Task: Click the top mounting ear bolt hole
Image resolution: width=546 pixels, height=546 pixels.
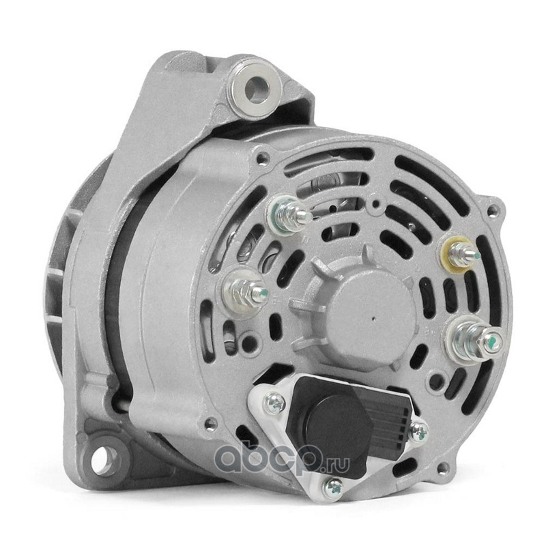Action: [257, 89]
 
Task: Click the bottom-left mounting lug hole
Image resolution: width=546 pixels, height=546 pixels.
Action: [103, 455]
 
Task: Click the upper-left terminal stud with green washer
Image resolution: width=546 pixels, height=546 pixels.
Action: [289, 214]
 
